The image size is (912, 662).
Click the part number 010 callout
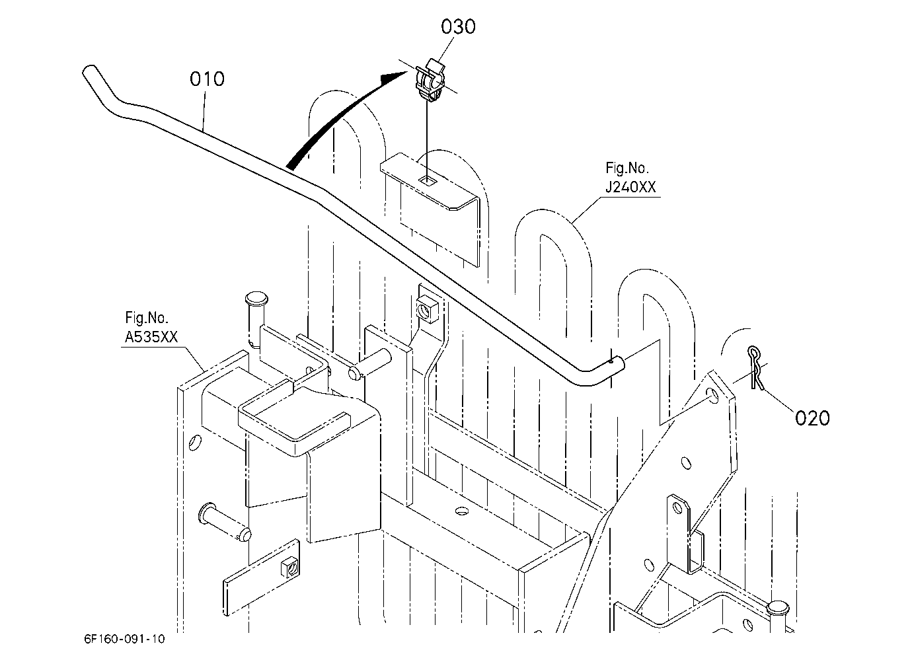(x=207, y=79)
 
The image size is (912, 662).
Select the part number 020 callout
(x=812, y=418)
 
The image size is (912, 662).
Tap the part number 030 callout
(x=458, y=27)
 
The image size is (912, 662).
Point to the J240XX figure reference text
(x=630, y=187)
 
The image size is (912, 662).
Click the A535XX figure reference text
(x=151, y=337)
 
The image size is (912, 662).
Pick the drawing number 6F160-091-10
(x=124, y=639)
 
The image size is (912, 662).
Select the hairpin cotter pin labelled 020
(x=755, y=367)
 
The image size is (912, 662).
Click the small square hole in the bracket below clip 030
(x=428, y=181)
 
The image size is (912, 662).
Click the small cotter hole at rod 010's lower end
(x=612, y=360)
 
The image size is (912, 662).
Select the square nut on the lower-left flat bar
(x=290, y=568)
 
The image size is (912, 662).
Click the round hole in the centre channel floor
(x=462, y=511)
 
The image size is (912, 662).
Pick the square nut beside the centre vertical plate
(x=427, y=310)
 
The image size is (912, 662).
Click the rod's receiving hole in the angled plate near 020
(x=713, y=394)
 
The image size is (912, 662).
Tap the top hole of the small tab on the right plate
(x=677, y=507)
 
